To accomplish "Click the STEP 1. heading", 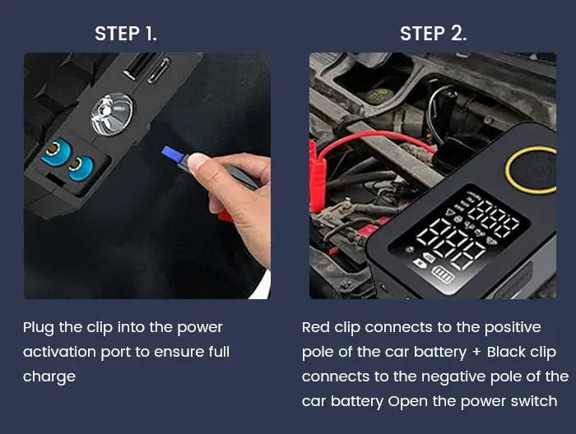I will click(125, 34).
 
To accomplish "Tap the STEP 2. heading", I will click(433, 34).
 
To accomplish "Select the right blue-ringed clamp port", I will click(79, 167).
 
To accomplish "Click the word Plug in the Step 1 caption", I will click(40, 328).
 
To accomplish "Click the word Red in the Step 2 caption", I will click(316, 327).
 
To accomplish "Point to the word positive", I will click(511, 327).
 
